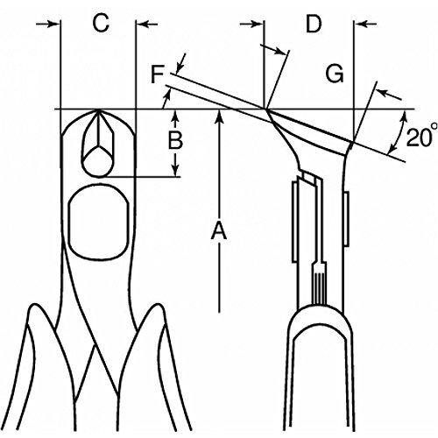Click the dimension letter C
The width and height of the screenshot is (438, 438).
pyautogui.click(x=101, y=23)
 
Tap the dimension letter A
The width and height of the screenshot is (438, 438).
pyautogui.click(x=219, y=230)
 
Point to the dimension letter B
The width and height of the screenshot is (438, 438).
pyautogui.click(x=175, y=140)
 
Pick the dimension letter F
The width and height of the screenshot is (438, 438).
pyautogui.click(x=158, y=74)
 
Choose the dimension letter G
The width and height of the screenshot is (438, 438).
pyautogui.click(x=335, y=74)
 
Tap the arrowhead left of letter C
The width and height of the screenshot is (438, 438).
pyautogui.click(x=54, y=24)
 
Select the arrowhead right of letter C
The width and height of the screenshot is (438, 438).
pyautogui.click(x=142, y=24)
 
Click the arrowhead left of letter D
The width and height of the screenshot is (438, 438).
pyautogui.click(x=258, y=24)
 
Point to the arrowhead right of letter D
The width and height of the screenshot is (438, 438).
pyautogui.click(x=360, y=24)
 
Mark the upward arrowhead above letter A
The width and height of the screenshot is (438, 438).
pyautogui.click(x=219, y=116)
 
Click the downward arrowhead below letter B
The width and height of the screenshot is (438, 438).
pyautogui.click(x=175, y=171)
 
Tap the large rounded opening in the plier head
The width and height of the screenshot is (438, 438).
pyautogui.click(x=99, y=222)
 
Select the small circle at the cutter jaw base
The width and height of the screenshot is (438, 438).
pyautogui.click(x=98, y=161)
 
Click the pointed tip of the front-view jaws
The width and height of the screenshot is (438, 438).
pyautogui.click(x=99, y=110)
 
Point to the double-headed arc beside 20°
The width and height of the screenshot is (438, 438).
pyautogui.click(x=398, y=133)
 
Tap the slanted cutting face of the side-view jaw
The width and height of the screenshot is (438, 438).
pyautogui.click(x=309, y=126)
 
